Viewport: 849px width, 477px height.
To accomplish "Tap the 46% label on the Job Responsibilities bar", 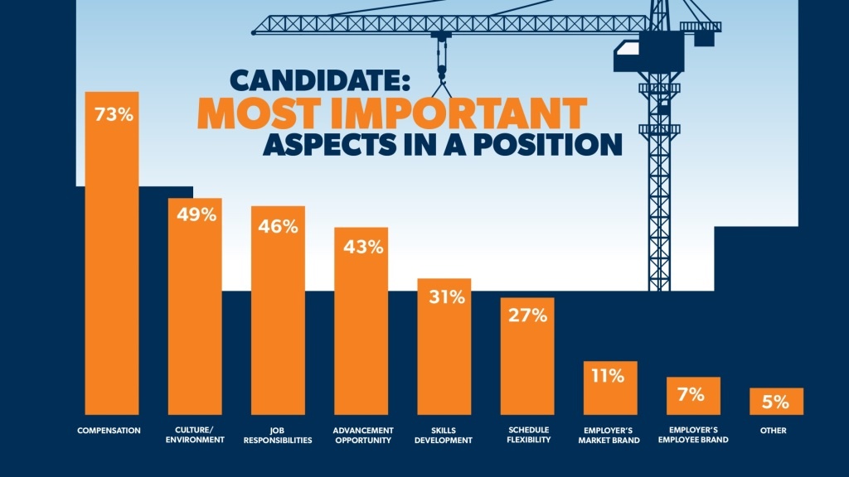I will (x=279, y=225).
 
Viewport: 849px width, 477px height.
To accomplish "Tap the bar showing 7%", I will (x=694, y=395).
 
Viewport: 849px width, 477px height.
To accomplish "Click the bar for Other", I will (x=777, y=401).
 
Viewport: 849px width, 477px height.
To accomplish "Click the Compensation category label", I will (x=109, y=430).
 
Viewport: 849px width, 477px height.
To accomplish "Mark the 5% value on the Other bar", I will (x=777, y=402).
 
